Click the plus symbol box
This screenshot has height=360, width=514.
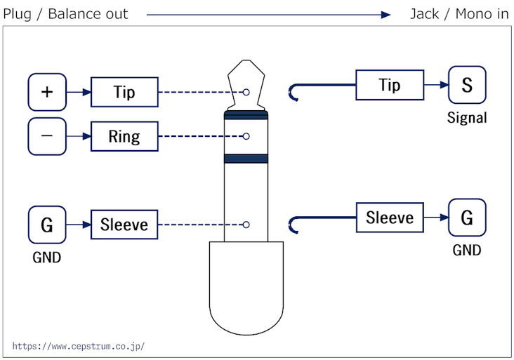(x=47, y=92)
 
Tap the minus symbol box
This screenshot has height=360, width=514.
(x=47, y=136)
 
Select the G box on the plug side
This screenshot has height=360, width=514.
(x=47, y=225)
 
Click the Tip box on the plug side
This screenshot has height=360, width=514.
(x=124, y=92)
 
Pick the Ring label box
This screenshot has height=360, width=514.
(x=124, y=136)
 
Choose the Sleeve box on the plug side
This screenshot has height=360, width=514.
(x=124, y=225)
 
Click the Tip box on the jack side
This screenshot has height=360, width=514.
(x=390, y=85)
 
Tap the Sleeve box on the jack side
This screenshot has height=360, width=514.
(x=390, y=218)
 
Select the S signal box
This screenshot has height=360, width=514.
(x=467, y=85)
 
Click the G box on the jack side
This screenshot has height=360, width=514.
(x=467, y=218)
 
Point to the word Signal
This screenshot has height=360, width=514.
(x=467, y=118)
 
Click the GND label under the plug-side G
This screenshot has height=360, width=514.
(x=47, y=258)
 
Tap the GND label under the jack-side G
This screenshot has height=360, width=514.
(x=467, y=251)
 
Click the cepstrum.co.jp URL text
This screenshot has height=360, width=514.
(x=79, y=346)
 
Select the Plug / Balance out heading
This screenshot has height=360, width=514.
(x=65, y=14)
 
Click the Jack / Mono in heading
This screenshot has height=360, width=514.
(x=460, y=14)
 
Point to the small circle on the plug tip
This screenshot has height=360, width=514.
(x=246, y=93)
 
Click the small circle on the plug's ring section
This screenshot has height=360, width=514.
(x=246, y=136)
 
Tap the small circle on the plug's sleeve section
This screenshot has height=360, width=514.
(x=246, y=225)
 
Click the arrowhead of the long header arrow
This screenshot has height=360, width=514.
(x=385, y=15)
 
